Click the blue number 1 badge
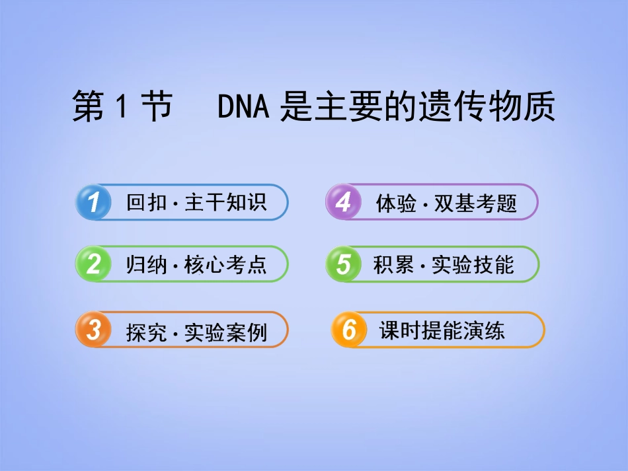[94, 202]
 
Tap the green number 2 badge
[94, 264]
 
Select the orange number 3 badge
[94, 330]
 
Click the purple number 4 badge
[343, 202]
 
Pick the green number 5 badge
[343, 264]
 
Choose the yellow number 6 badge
[348, 330]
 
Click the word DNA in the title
[243, 107]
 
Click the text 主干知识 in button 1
[225, 203]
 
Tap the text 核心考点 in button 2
[225, 265]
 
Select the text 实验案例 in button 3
[225, 332]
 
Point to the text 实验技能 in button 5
[473, 265]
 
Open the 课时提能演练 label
[442, 330]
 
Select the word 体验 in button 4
[394, 203]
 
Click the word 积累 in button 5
[393, 265]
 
